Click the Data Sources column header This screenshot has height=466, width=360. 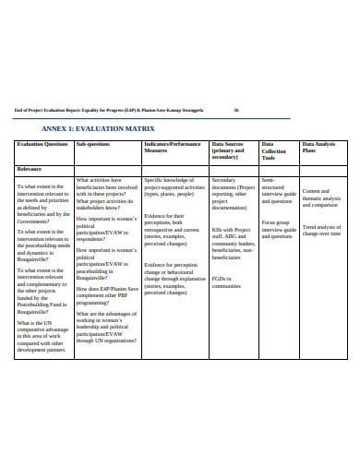point(231,150)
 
